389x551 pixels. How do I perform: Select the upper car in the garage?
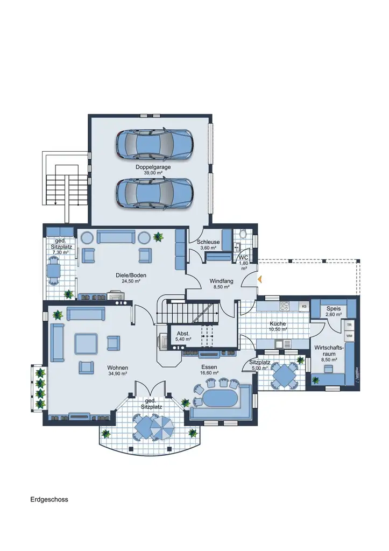click(154, 144)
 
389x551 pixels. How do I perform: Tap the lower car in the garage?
click(154, 193)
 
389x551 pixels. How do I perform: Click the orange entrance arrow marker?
click(260, 279)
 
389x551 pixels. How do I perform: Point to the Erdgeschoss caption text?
click(49, 499)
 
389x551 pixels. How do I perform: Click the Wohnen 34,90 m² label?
click(117, 370)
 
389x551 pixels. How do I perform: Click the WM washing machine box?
click(349, 336)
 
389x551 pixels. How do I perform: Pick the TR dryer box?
click(349, 326)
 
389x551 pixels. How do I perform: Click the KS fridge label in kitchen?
click(304, 306)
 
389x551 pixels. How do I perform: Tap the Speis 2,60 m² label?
click(333, 311)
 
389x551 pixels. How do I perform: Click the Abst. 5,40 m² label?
click(183, 337)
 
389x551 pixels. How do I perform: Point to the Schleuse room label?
click(208, 245)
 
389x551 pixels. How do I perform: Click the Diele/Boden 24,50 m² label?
click(131, 278)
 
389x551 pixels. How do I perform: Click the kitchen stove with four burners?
click(285, 306)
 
